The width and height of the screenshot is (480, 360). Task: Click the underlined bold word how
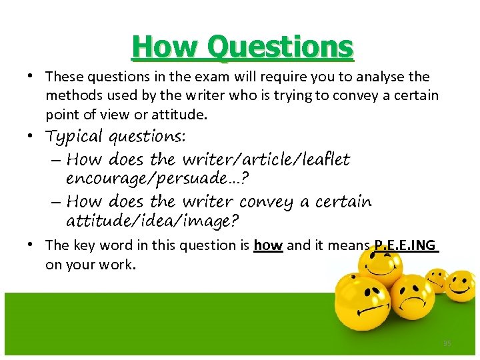click(269, 245)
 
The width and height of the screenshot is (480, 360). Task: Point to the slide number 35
click(447, 343)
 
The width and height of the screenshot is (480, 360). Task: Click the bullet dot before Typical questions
click(31, 137)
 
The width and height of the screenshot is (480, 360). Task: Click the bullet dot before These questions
click(31, 77)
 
